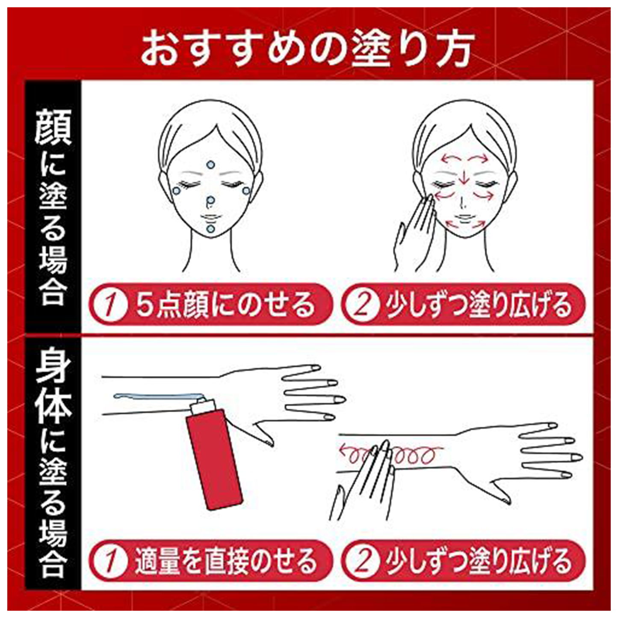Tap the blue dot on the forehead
click(x=210, y=164)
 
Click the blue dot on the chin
click(x=210, y=229)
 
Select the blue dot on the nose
click(x=210, y=200)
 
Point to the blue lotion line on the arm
click(x=154, y=396)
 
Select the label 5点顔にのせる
click(x=225, y=305)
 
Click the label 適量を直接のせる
click(x=225, y=562)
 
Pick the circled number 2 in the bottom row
click(x=362, y=562)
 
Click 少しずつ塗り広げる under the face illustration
click(x=478, y=305)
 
